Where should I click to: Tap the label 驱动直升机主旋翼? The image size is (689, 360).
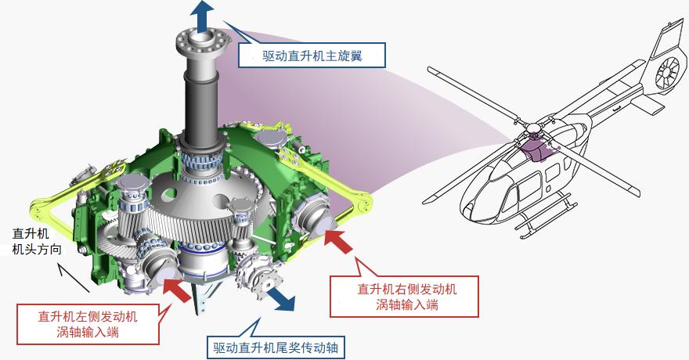(312, 56)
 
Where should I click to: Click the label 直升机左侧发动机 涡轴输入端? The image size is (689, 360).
(88, 324)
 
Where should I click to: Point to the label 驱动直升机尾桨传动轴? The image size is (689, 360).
(276, 347)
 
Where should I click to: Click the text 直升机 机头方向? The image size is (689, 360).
(37, 242)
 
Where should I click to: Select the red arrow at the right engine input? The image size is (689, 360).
(339, 241)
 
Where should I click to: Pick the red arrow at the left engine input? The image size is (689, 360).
(177, 290)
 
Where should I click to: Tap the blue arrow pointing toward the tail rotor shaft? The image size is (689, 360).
(281, 299)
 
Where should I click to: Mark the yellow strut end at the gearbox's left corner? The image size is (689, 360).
(40, 210)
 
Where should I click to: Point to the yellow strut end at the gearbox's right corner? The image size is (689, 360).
(363, 203)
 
